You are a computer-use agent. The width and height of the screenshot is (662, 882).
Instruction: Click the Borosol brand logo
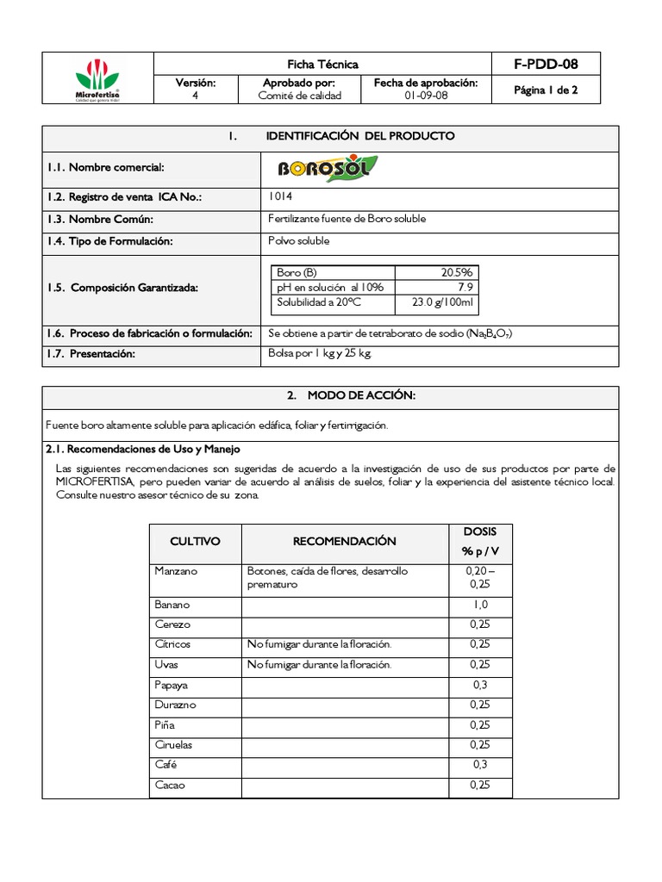(x=327, y=167)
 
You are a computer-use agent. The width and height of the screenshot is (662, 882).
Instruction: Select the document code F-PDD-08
(x=545, y=65)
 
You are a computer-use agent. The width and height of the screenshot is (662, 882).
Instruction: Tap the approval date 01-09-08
(x=426, y=96)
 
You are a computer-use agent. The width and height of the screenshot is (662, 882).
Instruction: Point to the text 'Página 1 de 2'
(x=545, y=90)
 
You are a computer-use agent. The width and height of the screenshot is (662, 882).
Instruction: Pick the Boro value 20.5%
(x=456, y=272)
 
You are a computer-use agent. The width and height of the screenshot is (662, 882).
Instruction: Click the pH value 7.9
(x=465, y=288)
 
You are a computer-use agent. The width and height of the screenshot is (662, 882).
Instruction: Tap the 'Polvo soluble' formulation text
(x=299, y=241)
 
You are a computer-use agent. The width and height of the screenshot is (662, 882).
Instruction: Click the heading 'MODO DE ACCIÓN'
(x=338, y=395)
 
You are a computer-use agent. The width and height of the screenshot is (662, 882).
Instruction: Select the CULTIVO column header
(x=195, y=542)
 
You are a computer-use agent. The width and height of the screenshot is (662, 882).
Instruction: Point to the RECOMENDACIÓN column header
(x=345, y=542)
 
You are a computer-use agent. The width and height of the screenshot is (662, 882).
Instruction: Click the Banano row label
(x=172, y=605)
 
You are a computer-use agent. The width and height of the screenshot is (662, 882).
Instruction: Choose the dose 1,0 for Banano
(x=480, y=605)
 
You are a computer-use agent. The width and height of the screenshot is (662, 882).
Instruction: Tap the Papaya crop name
(x=172, y=686)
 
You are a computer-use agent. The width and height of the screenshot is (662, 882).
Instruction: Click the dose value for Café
(x=480, y=765)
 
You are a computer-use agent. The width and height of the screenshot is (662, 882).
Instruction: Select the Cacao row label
(x=170, y=786)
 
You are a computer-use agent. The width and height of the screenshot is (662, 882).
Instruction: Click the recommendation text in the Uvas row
(x=319, y=665)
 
